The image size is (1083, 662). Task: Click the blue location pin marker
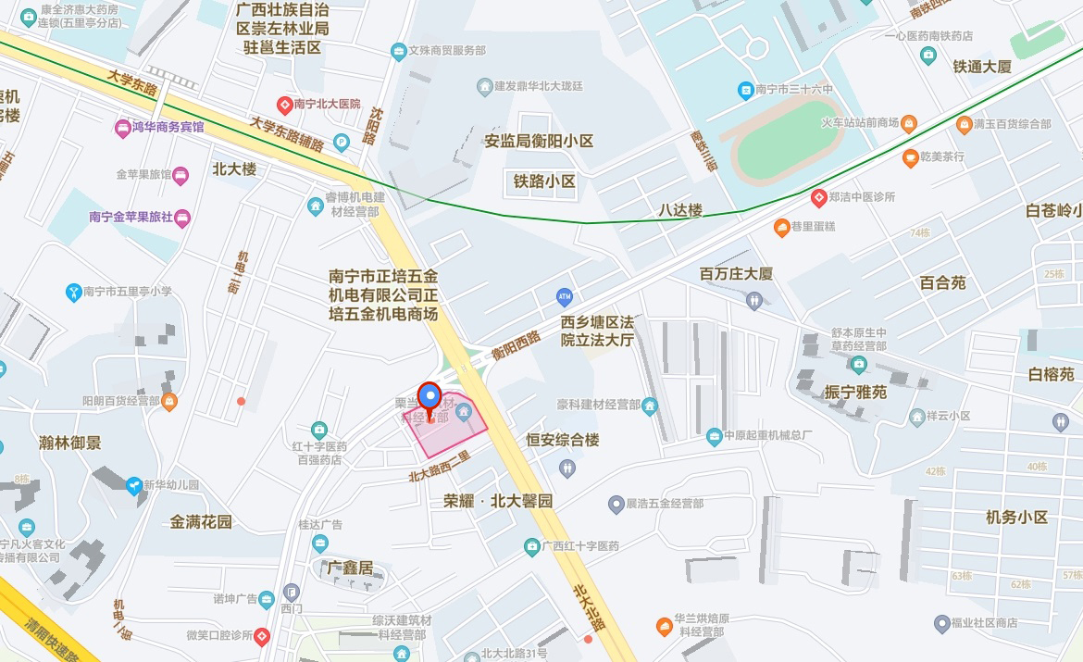pos(429,397)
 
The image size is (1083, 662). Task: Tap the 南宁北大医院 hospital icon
pos(285,105)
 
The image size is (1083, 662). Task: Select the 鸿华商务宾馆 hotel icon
pos(122,127)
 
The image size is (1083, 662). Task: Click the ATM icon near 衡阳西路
pos(565,297)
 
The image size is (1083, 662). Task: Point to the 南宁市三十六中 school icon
pos(744,90)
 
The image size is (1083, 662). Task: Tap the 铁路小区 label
pos(545,181)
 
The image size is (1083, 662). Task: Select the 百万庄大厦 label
pos(736,274)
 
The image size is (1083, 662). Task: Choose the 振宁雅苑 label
pos(855,393)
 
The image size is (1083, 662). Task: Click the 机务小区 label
pos(1016,518)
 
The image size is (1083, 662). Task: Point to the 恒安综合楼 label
pos(563,441)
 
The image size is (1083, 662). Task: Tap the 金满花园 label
pos(201,522)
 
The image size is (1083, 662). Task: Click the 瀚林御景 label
pos(70,443)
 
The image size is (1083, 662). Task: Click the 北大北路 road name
pos(588,606)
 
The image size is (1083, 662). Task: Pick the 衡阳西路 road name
pos(516,345)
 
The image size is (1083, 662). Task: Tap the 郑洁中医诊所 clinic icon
pos(818,197)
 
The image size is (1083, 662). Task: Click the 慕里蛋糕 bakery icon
pos(782,227)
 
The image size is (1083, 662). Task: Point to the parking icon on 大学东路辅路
pos(341,144)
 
